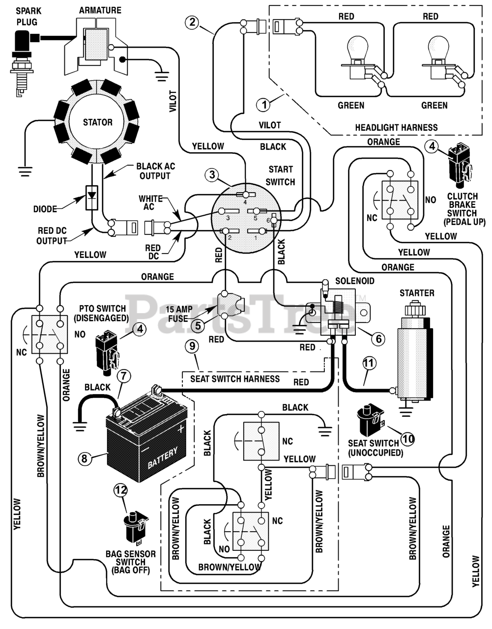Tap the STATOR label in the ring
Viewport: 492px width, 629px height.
pyautogui.click(x=97, y=122)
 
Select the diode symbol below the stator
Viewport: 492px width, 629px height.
pyautogui.click(x=92, y=198)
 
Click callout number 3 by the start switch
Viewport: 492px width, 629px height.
pyautogui.click(x=212, y=175)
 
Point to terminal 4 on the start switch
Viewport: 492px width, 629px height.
pyautogui.click(x=245, y=195)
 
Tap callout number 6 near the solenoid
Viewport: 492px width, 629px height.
pyautogui.click(x=378, y=338)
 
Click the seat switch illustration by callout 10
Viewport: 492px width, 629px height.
pyautogui.click(x=370, y=421)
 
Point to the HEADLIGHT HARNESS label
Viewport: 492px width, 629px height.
pyautogui.click(x=396, y=127)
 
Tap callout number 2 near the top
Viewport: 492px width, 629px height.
pyautogui.click(x=193, y=22)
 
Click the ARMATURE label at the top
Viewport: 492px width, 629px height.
pyautogui.click(x=100, y=10)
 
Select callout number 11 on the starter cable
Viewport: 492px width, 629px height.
pyautogui.click(x=369, y=363)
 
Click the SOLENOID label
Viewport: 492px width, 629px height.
pyautogui.click(x=355, y=281)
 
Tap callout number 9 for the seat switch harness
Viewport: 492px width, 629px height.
pyautogui.click(x=193, y=346)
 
